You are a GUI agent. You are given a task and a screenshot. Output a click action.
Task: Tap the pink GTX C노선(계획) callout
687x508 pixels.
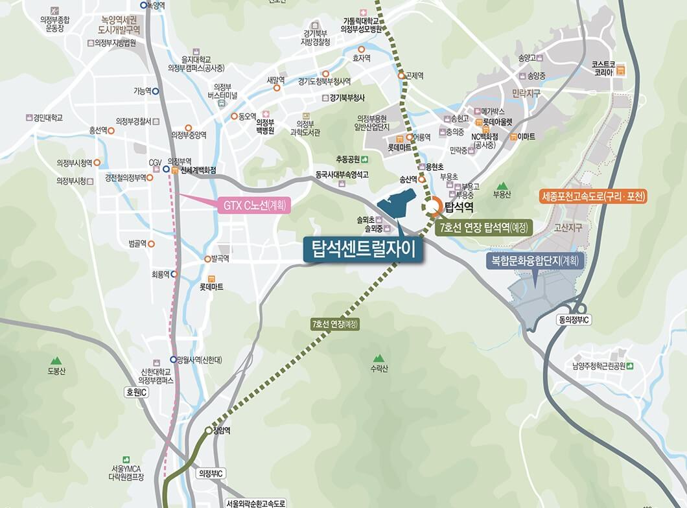tap(253, 205)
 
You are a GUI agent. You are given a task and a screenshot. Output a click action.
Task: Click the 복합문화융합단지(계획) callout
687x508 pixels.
tap(535, 260)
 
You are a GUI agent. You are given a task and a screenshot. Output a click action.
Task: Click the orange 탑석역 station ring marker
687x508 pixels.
tap(434, 205)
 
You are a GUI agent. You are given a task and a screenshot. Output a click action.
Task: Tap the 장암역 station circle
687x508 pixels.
tap(209, 430)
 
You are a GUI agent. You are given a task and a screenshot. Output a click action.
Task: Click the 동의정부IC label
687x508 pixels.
tap(574, 320)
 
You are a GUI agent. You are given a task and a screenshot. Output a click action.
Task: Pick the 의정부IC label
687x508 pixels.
tap(211, 474)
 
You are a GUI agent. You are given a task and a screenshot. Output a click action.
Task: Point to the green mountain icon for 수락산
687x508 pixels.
tap(378, 358)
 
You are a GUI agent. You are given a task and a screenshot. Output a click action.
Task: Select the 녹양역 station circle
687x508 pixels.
tap(143, 5)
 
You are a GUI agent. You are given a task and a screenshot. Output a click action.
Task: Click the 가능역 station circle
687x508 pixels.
tap(156, 91)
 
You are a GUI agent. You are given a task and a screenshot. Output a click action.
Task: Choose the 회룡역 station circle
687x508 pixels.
tap(174, 274)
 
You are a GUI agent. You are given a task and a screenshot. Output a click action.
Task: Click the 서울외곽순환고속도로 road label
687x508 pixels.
tap(256, 503)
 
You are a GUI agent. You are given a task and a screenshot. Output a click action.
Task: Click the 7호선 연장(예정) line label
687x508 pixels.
tap(335, 323)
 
